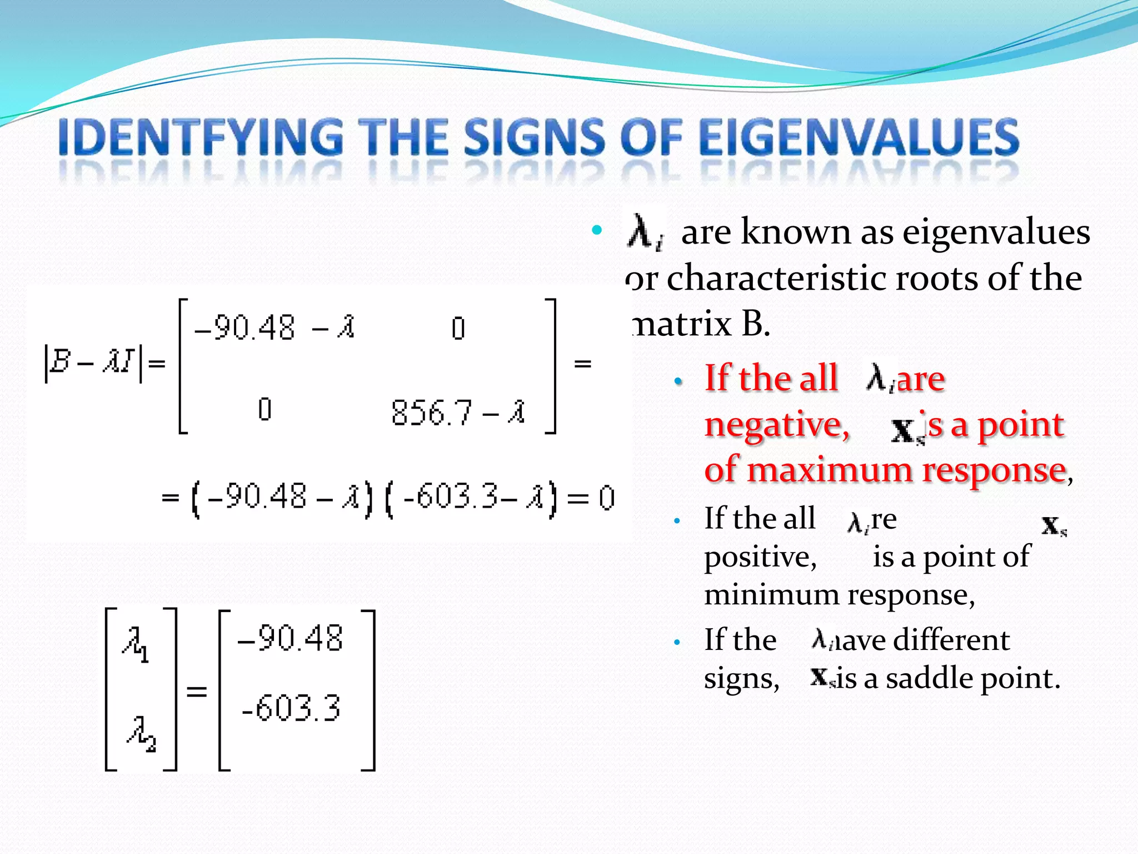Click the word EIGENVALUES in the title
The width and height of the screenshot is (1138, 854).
[x=859, y=137]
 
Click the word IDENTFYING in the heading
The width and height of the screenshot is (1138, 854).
[x=201, y=137]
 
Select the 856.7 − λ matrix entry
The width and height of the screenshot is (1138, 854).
[x=458, y=413]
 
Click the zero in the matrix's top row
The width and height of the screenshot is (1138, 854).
[x=458, y=328]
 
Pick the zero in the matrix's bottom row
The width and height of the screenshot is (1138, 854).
[x=265, y=410]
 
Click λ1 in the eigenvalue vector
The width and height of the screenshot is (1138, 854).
[x=136, y=645]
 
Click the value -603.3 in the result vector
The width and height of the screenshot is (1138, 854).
[x=291, y=708]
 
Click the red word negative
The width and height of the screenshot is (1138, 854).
[x=777, y=426]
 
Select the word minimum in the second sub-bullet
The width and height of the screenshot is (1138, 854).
[x=771, y=595]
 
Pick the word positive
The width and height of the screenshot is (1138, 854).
[x=760, y=557]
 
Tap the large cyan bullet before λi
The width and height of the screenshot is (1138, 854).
[x=597, y=230]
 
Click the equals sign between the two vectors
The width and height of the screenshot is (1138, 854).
[x=196, y=692]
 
